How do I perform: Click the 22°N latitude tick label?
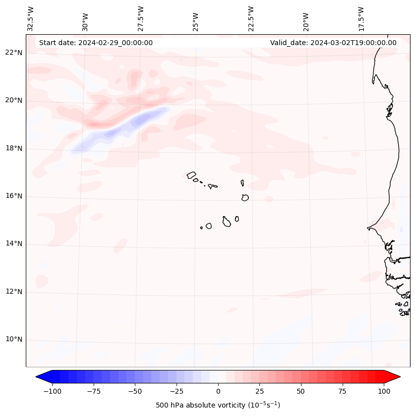14,53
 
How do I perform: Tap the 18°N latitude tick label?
14,148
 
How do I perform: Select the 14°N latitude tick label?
14,244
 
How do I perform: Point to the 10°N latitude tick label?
14,340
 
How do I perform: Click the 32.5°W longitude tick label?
31,18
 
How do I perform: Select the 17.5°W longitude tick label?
361,18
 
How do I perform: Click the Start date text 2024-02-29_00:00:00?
96,43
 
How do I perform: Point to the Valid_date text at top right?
333,43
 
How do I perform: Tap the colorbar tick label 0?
218,391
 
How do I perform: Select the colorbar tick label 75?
343,391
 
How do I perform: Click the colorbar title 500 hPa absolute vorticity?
218,405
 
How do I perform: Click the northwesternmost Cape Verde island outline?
191,175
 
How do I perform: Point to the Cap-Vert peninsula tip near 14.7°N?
368,228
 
